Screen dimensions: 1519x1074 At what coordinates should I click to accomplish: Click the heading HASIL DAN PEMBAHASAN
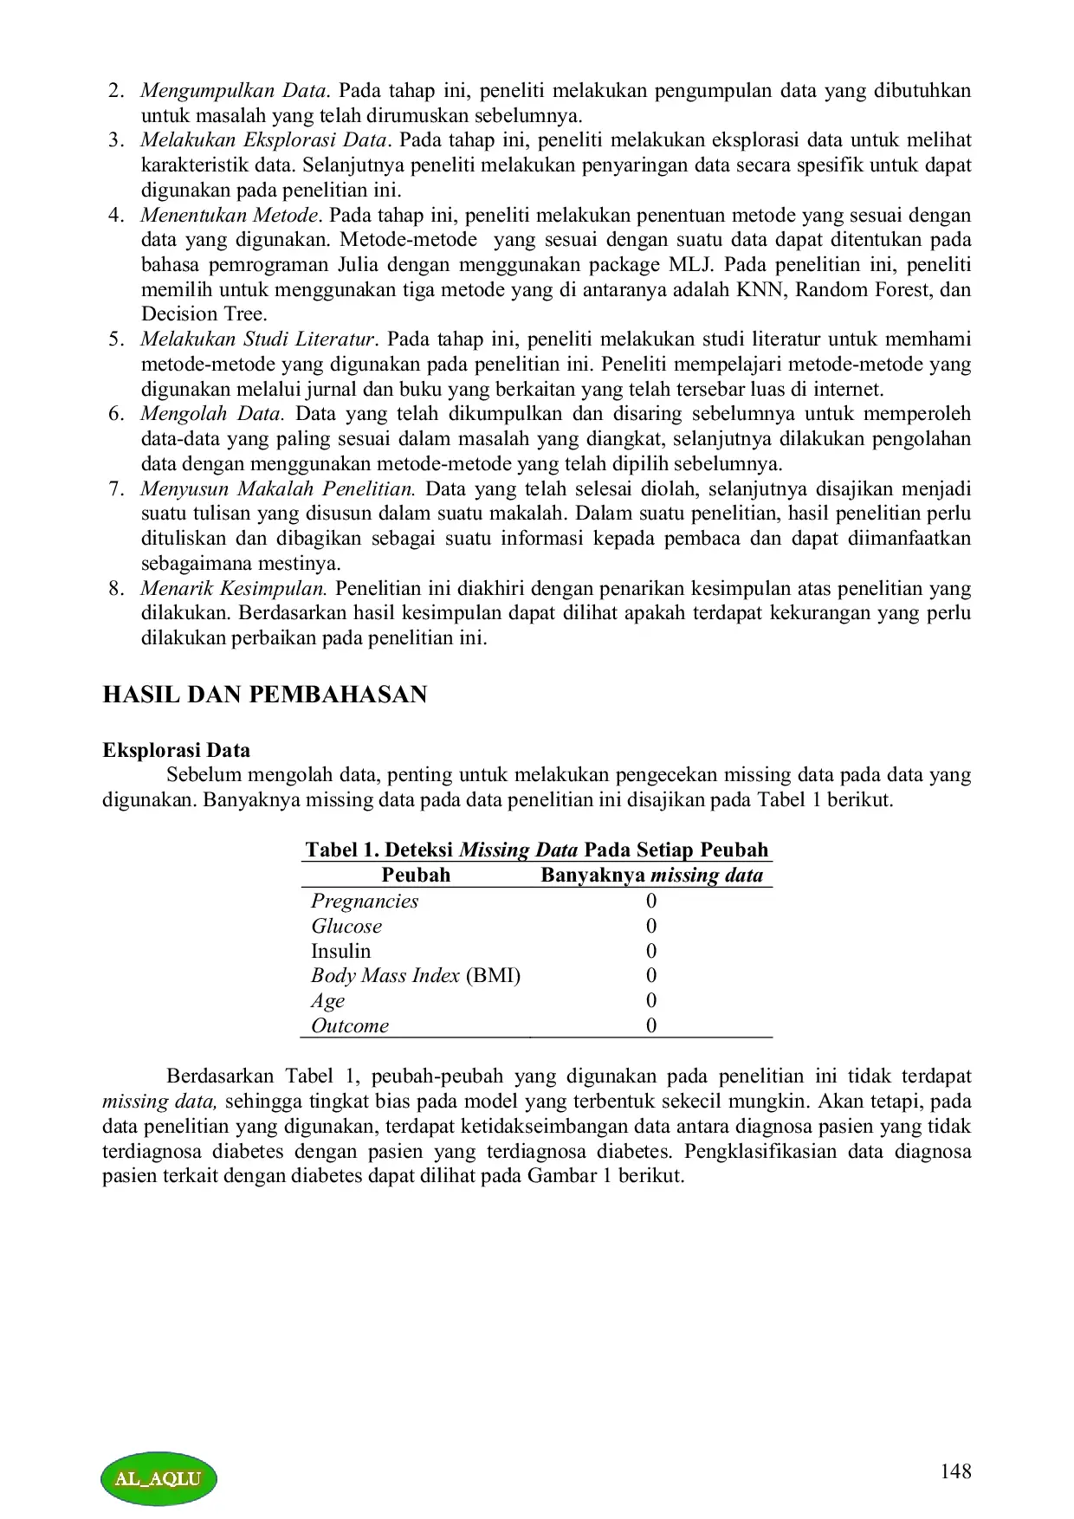264,695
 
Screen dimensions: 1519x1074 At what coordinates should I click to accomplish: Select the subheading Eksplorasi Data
176,750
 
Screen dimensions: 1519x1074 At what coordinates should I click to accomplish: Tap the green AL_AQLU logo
159,1478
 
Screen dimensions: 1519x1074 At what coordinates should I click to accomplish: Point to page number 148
955,1471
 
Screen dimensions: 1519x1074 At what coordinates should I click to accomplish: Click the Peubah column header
416,875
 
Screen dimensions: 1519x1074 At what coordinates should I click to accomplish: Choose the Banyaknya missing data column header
651,875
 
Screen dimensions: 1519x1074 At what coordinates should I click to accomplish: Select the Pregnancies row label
365,901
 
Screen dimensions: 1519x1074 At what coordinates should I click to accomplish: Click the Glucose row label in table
346,926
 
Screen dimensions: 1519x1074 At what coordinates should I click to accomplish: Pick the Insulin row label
340,951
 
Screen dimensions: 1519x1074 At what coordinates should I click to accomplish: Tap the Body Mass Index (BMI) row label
416,976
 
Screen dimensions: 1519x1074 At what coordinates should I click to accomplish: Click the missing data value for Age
651,1000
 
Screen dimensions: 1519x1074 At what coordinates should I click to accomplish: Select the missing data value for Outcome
651,1025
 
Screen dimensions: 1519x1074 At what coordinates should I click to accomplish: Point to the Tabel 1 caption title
536,850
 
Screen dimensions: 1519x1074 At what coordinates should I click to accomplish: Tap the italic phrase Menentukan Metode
230,215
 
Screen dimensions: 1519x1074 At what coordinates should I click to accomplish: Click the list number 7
116,488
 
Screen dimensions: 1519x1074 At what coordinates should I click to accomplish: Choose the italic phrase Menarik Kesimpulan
233,589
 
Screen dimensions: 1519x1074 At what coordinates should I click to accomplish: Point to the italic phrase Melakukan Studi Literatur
257,339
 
